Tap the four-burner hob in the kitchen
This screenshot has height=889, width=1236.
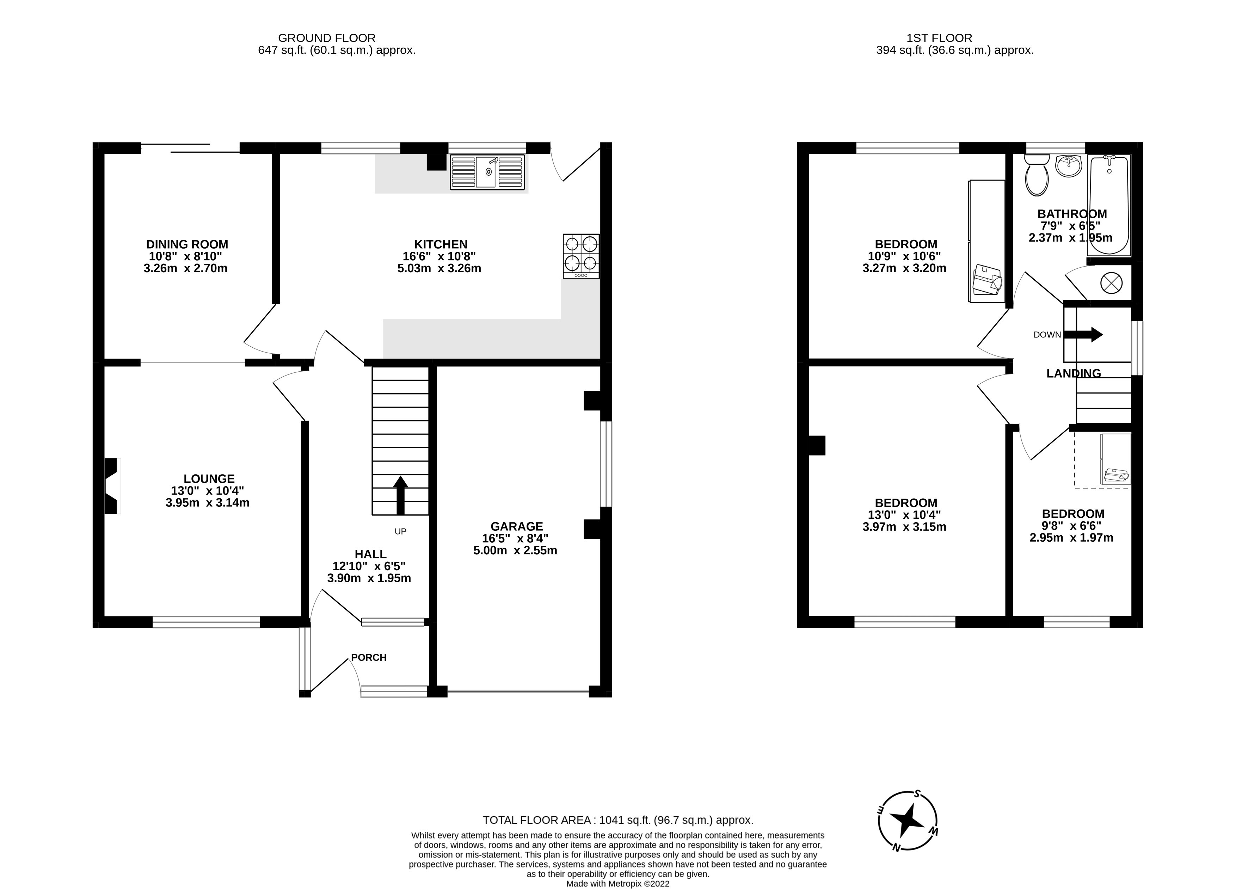pos(581,256)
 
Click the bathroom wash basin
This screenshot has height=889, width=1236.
pos(1068,166)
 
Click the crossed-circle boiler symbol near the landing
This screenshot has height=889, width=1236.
pos(1111,282)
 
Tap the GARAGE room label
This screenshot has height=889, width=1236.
pos(517,526)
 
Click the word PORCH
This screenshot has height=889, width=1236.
pos(368,657)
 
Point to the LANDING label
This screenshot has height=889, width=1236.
pos(1074,373)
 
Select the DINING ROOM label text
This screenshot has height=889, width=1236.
pos(187,244)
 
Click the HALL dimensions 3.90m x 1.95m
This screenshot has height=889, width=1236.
pos(369,578)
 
